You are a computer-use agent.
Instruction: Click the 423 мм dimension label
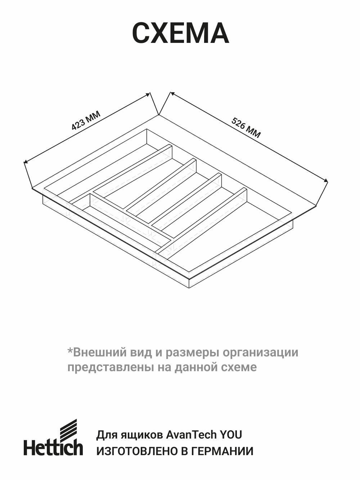(x=86, y=120)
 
